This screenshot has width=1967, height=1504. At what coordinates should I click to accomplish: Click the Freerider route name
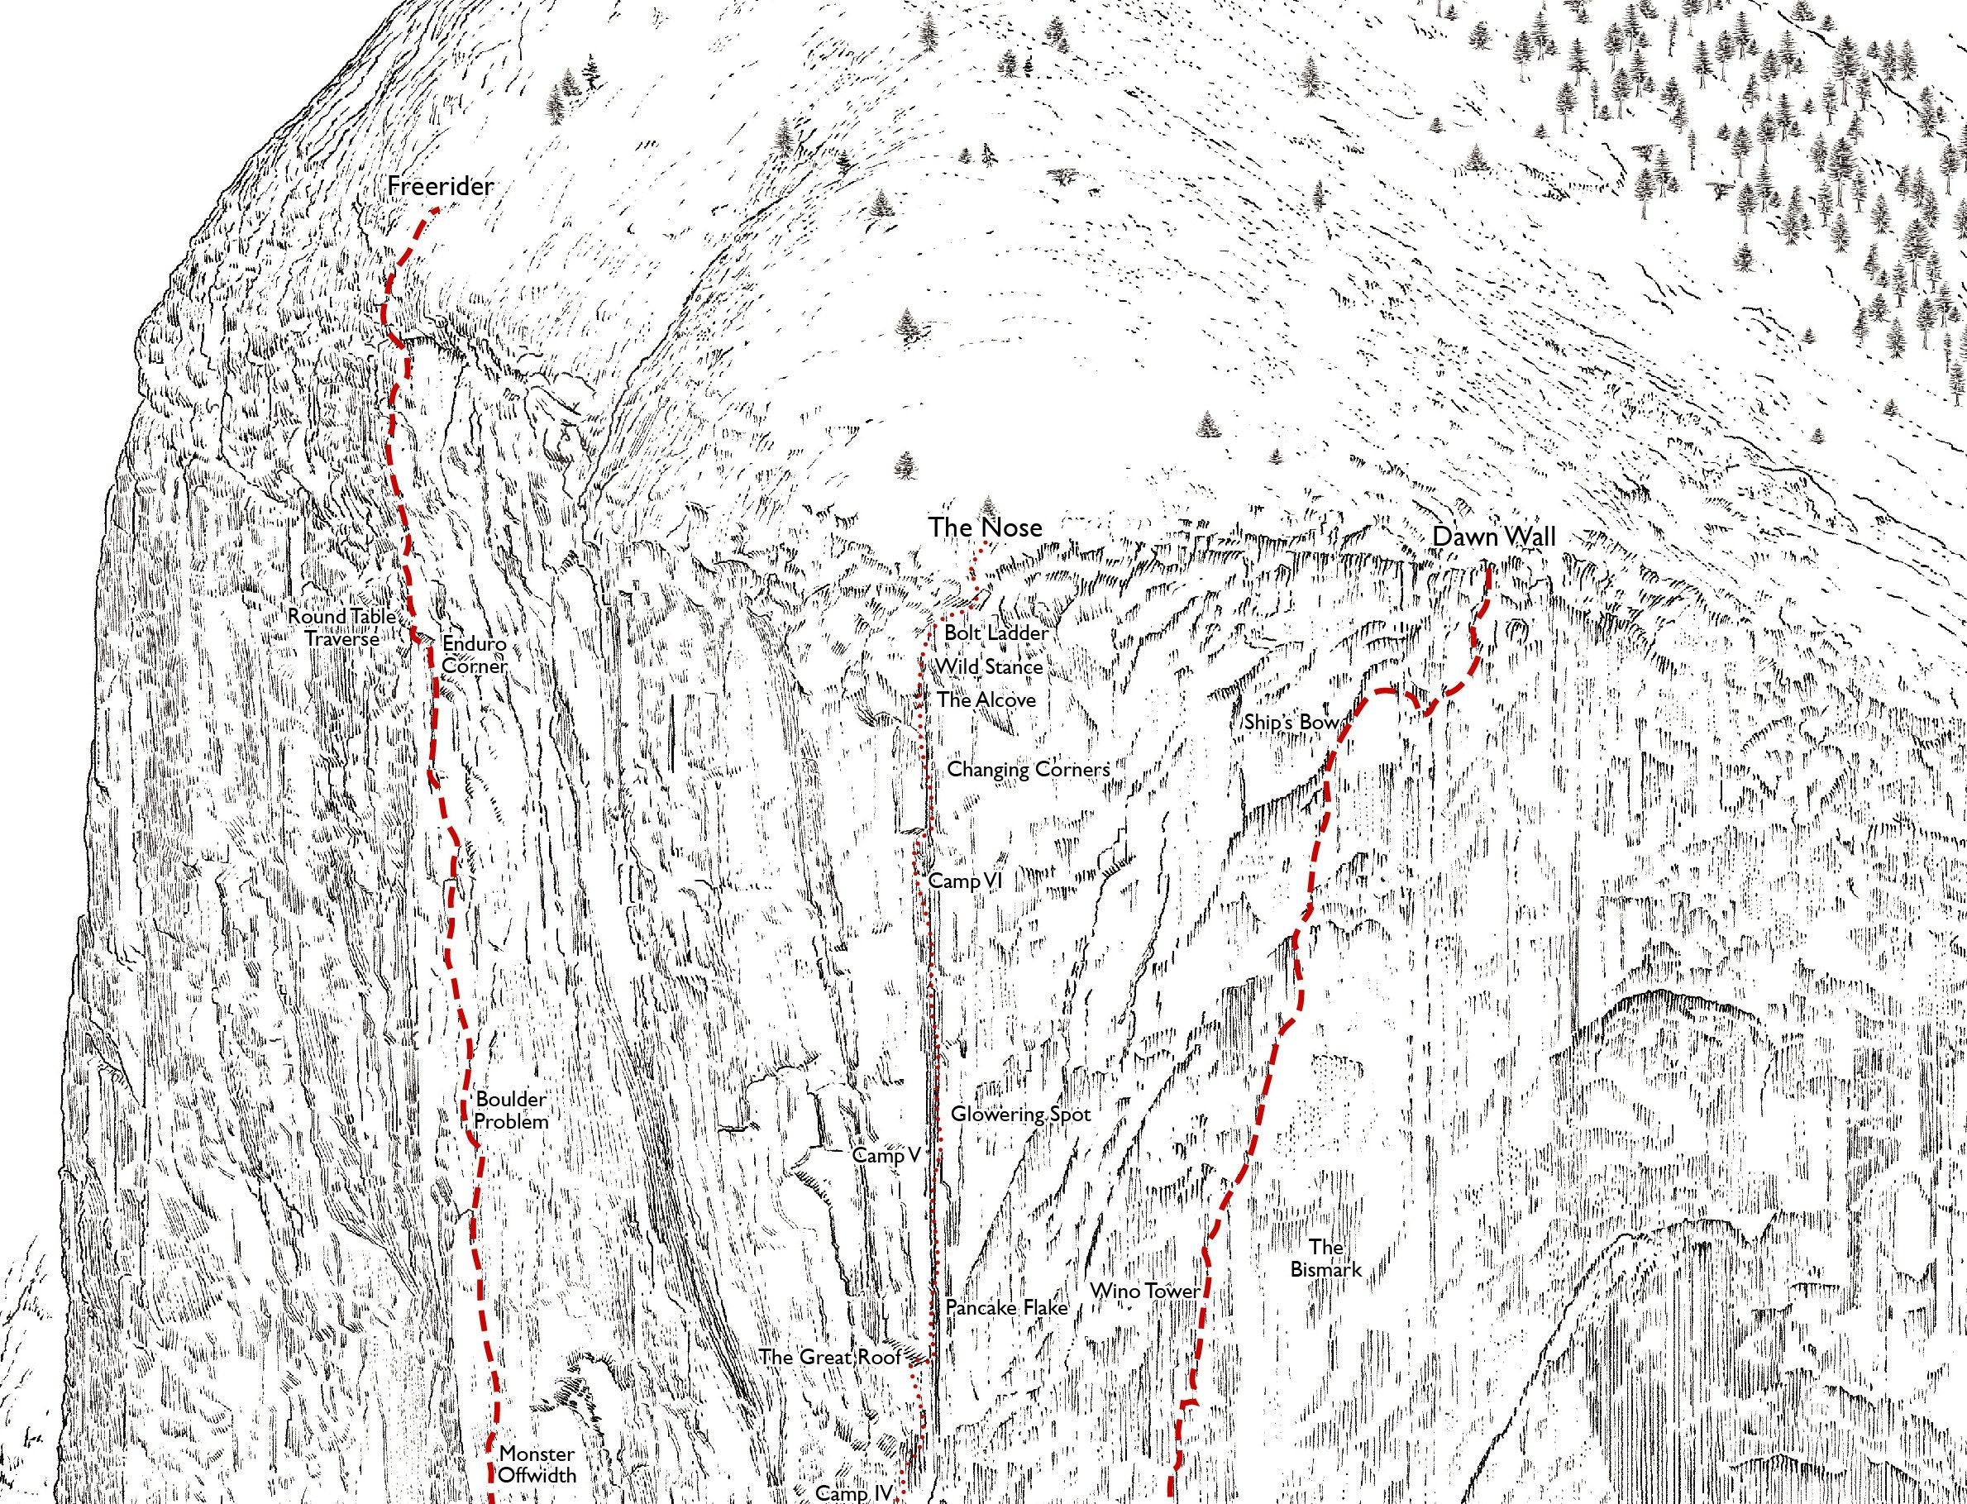click(x=441, y=187)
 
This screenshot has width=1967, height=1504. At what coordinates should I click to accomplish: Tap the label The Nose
click(x=985, y=528)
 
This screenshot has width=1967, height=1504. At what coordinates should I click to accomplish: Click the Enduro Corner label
click(x=475, y=656)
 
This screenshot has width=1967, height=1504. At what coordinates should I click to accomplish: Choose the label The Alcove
click(x=986, y=700)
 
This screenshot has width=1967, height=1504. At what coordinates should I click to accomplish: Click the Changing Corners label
click(x=1028, y=769)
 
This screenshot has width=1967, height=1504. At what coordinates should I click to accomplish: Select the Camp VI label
click(x=965, y=881)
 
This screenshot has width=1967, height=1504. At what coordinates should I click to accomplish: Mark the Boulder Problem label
click(x=510, y=1110)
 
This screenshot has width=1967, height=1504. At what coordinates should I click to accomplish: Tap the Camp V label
click(x=886, y=1155)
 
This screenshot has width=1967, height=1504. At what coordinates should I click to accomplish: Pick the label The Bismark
click(x=1325, y=1258)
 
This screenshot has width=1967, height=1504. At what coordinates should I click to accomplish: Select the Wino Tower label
click(x=1143, y=1291)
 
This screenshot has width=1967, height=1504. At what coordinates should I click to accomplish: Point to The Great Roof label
click(x=830, y=1356)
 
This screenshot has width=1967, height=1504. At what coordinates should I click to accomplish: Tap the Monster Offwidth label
click(x=537, y=1463)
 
